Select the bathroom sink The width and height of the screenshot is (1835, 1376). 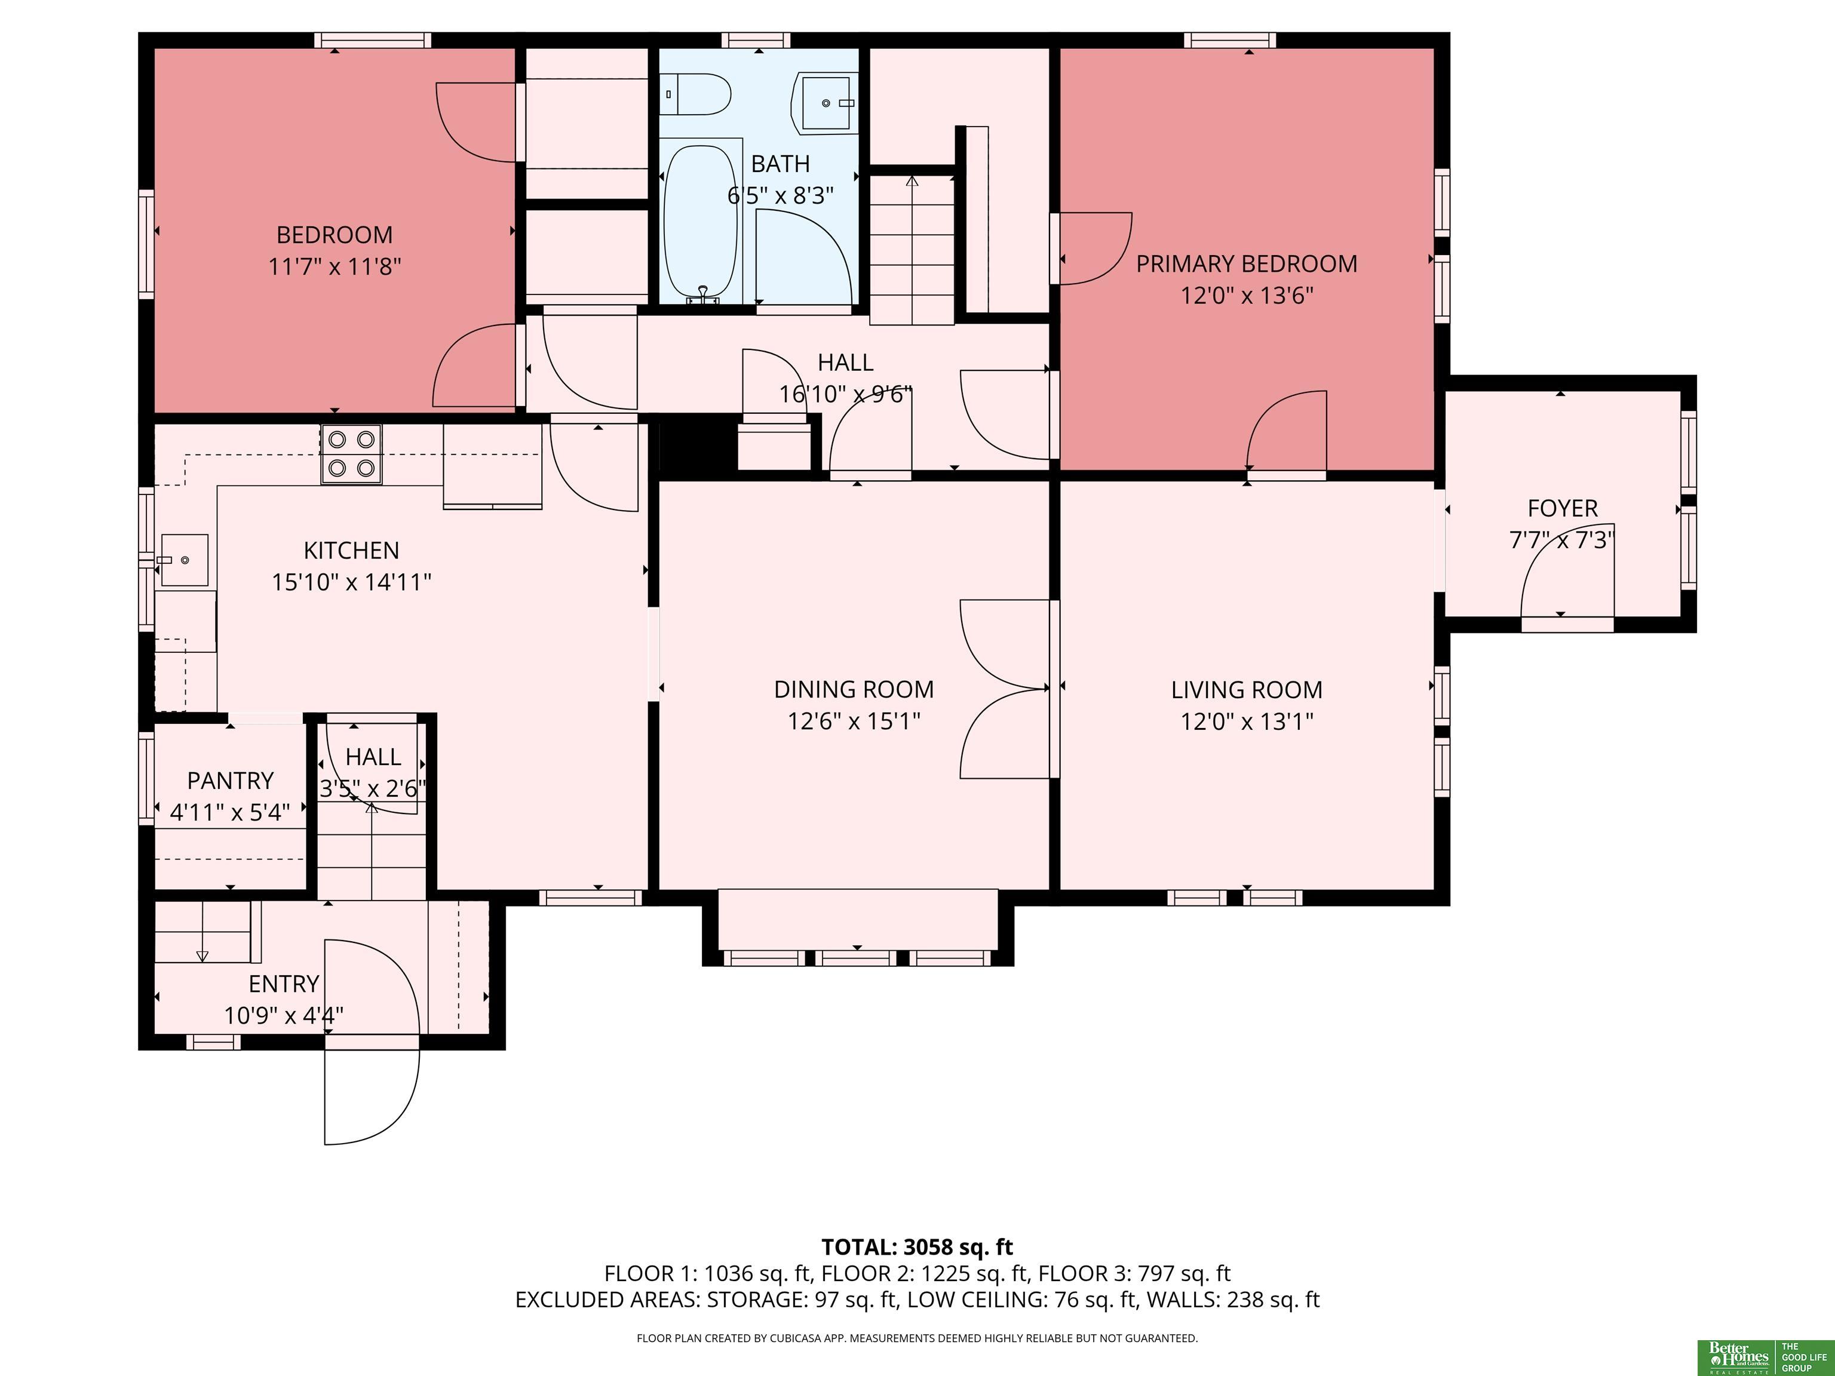point(826,103)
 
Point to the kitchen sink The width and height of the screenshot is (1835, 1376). point(184,561)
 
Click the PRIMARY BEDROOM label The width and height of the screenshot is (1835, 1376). point(1246,264)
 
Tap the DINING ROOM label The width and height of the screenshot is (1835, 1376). point(854,689)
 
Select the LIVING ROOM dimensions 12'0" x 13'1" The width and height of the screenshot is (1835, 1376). point(1247,721)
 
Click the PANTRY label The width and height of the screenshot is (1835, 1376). point(230,781)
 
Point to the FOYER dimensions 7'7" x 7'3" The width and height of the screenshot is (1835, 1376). point(1562,540)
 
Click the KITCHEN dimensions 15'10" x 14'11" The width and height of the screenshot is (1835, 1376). point(352,582)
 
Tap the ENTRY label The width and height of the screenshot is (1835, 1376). point(284,984)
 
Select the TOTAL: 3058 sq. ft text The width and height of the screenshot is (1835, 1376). point(917,1246)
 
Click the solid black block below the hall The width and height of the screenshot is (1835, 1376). point(698,447)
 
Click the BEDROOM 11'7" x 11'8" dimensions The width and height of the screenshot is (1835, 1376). point(335,267)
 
